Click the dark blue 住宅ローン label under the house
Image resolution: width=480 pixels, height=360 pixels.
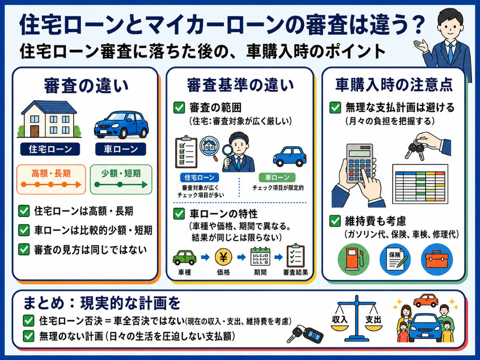(50, 149)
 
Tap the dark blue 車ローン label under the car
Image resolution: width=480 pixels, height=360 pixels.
(120, 149)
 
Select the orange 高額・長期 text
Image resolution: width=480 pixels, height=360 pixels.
(51, 174)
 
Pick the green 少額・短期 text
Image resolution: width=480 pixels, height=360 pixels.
(121, 174)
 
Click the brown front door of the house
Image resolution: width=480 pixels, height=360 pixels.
(34, 131)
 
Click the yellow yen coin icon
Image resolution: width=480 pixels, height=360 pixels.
(223, 257)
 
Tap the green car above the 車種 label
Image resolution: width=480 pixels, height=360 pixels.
(184, 258)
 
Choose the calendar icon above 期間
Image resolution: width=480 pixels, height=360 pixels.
(260, 256)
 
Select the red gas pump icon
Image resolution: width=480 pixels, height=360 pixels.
(354, 260)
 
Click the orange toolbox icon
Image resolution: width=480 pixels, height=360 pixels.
(437, 260)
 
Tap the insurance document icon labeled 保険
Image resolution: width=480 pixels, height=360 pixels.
(396, 259)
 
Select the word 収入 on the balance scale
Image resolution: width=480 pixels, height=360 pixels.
(340, 320)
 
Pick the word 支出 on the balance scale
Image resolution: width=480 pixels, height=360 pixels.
(373, 320)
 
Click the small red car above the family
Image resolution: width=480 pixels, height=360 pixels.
(426, 300)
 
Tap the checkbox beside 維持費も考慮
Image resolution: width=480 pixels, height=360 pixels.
(335, 221)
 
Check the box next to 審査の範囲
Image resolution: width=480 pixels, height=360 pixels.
(179, 108)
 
